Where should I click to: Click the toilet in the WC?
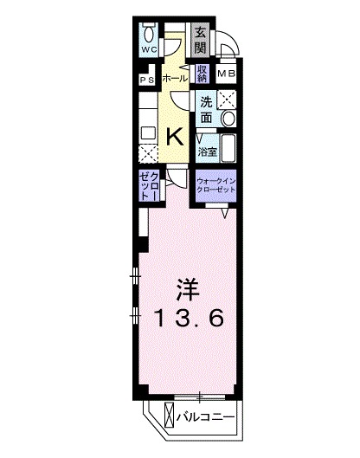point(151,34)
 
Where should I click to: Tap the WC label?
point(149,50)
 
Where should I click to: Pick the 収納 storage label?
point(202,74)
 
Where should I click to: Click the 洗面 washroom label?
point(206,106)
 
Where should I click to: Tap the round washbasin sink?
point(229,118)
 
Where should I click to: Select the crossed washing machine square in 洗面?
point(228,99)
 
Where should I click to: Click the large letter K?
point(174,135)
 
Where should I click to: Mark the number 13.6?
point(190,318)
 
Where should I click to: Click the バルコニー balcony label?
point(208,416)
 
